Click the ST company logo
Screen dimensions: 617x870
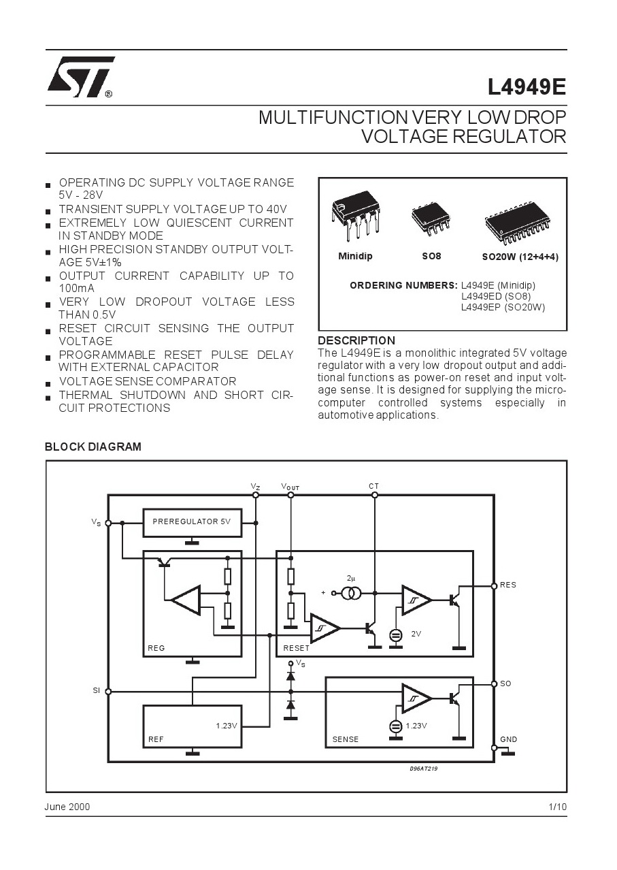point(81,78)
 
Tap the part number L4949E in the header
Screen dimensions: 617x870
point(527,87)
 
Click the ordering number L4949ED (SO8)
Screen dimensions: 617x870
point(496,296)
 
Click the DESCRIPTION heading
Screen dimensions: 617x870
point(356,340)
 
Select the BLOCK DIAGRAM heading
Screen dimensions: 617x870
point(93,447)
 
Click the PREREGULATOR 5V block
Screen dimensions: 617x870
point(192,523)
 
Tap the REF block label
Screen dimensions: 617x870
point(156,739)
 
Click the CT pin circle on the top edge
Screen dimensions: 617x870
point(374,495)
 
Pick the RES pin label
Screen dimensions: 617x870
point(508,585)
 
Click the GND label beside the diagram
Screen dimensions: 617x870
point(508,739)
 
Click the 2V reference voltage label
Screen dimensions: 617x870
point(416,634)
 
